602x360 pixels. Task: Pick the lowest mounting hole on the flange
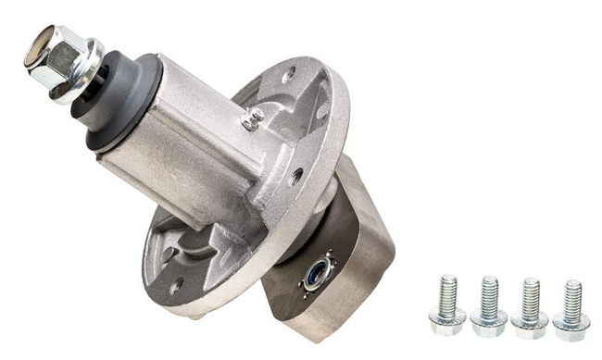coord(175,285)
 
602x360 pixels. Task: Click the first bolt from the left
coord(447,304)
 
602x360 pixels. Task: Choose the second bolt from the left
coord(489,305)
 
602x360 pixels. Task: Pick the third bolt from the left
coord(530,305)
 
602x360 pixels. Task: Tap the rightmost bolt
coord(571,306)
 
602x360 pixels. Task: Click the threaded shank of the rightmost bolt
coord(571,295)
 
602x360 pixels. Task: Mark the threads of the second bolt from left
coord(489,294)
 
